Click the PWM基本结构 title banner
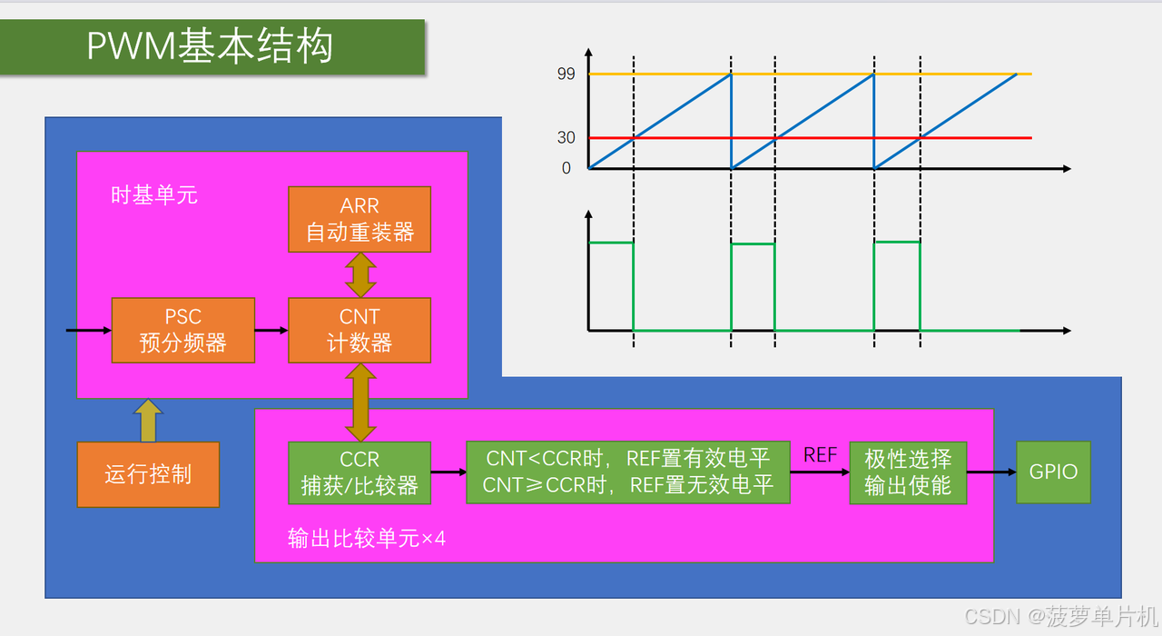212,47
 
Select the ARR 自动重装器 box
359,219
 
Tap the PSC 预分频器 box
182,330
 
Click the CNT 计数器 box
359,330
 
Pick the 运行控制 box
148,474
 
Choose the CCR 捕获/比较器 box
359,472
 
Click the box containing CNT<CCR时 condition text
628,472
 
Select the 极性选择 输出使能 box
908,472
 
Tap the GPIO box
1053,472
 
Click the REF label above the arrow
820,455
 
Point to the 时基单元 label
154,194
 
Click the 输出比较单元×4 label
367,539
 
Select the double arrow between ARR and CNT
360,274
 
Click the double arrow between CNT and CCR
360,402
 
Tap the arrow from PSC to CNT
271,330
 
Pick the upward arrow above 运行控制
148,421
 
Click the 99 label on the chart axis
566,75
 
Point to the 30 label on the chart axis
566,138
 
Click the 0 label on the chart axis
566,168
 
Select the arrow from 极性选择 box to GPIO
991,472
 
